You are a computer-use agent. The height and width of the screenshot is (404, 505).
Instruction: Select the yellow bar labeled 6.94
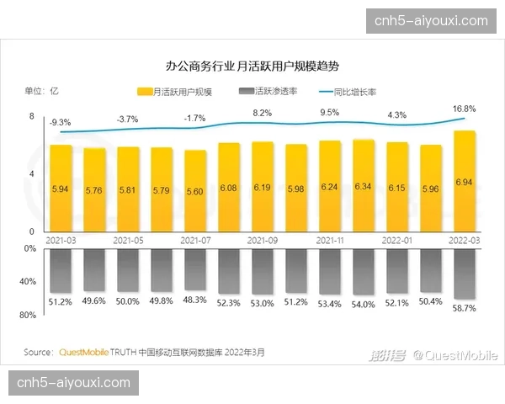(x=465, y=181)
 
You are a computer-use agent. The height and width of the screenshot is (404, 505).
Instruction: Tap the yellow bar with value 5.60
(x=195, y=190)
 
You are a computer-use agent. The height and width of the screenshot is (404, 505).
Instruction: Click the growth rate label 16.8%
(x=465, y=109)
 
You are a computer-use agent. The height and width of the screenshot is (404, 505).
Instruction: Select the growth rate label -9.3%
(x=60, y=122)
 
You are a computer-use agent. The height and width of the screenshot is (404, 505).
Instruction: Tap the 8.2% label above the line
(x=263, y=113)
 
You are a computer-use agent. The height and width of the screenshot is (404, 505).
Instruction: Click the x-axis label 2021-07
(x=195, y=240)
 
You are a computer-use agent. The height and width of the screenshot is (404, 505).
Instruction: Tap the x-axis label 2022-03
(x=465, y=240)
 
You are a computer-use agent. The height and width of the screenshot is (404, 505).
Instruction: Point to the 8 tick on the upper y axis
(x=32, y=117)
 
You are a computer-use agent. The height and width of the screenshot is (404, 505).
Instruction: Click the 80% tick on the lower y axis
(x=28, y=316)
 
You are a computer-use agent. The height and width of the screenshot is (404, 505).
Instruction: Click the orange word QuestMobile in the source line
(x=87, y=352)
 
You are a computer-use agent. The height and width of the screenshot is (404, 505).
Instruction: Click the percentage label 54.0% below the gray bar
(x=364, y=304)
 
